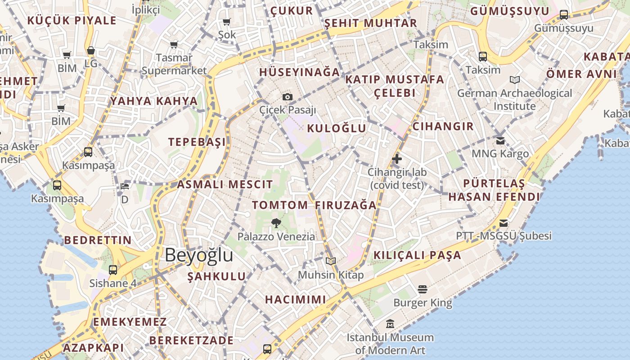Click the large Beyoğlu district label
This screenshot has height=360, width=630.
click(198, 255)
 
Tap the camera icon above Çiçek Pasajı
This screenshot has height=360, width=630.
click(288, 97)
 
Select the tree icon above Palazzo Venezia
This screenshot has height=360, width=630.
click(276, 222)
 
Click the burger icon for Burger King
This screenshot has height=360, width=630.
click(422, 289)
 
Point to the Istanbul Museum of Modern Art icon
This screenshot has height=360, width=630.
click(390, 324)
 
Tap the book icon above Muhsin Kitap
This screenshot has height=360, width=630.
click(331, 261)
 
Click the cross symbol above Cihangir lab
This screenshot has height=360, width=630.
click(397, 158)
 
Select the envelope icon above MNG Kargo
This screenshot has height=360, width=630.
click(500, 140)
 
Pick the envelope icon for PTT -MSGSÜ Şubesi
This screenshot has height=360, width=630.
click(503, 223)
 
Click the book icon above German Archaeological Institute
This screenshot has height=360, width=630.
click(515, 80)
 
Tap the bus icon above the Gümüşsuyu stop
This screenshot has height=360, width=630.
click(564, 14)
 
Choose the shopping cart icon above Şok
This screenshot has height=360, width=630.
click(227, 22)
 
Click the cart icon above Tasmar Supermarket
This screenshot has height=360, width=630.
click(174, 45)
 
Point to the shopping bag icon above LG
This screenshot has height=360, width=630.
click(91, 50)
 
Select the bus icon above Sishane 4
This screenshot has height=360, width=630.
click(113, 270)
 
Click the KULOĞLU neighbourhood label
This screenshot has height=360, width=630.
click(337, 128)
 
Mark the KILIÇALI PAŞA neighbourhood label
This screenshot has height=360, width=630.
click(418, 255)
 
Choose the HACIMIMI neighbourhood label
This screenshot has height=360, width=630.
click(295, 299)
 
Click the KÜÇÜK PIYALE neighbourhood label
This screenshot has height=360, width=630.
click(72, 20)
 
